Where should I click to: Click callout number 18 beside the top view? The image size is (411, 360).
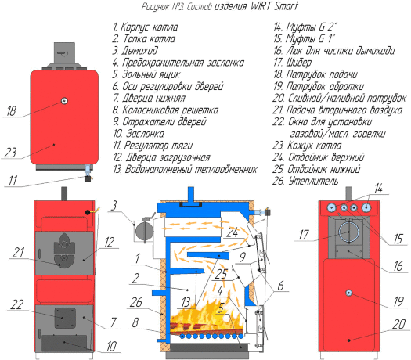coord(12,111)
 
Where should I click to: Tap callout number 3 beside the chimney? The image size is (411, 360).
coord(114,205)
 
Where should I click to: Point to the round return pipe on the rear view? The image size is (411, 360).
coord(345,293)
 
